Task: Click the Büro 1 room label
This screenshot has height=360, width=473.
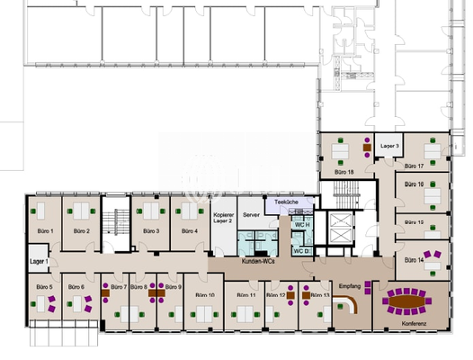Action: tap(46, 231)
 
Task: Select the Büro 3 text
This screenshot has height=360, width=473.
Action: tap(151, 231)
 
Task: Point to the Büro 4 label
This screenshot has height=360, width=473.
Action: tap(188, 231)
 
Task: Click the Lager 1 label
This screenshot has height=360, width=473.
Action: tap(38, 261)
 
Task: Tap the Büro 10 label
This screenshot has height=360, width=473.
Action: tap(205, 294)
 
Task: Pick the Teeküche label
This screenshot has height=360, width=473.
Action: tap(287, 202)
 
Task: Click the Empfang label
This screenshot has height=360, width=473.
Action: tap(350, 285)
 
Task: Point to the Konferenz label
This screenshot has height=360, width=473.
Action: tap(415, 321)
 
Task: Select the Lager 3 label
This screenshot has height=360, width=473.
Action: tap(390, 145)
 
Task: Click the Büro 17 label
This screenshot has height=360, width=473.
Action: tap(415, 166)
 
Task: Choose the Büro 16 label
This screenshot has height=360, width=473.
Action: tap(415, 184)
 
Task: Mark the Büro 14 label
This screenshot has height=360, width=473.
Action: tap(415, 260)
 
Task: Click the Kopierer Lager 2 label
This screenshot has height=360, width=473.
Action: tap(224, 219)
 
